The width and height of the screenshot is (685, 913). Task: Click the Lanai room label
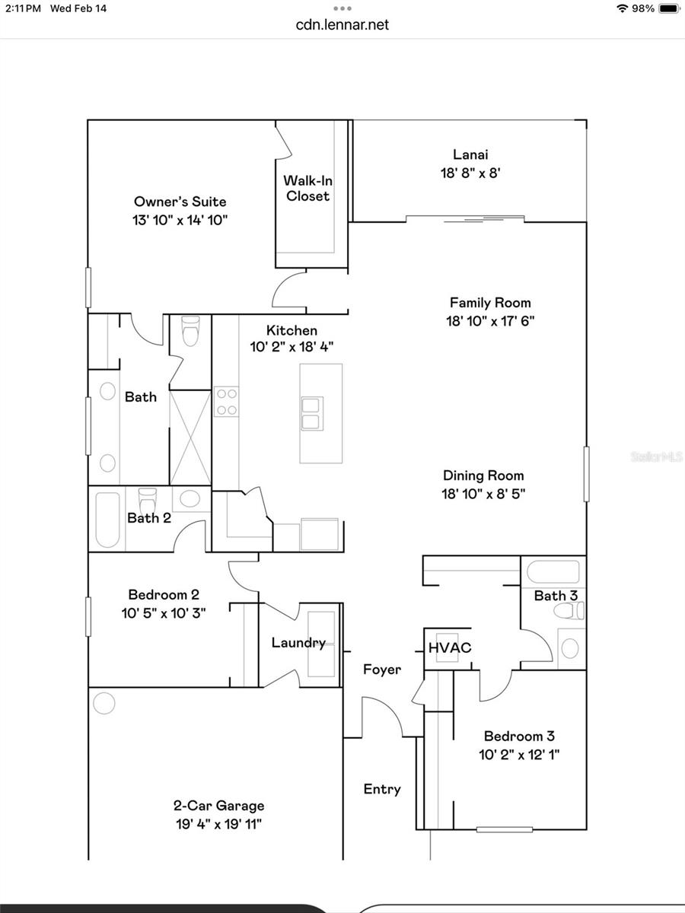[470, 155]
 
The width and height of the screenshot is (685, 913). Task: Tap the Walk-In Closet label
[307, 188]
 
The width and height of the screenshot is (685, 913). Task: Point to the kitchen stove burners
[226, 402]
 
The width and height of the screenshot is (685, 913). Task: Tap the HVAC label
[449, 648]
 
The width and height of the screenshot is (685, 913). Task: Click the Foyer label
[381, 670]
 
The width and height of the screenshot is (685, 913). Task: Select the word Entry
[381, 789]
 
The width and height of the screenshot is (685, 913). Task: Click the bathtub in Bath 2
[107, 520]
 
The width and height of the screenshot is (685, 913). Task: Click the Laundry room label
[298, 643]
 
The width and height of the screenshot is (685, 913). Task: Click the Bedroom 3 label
[519, 736]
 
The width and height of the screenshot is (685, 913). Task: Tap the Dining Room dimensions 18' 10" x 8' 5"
[484, 494]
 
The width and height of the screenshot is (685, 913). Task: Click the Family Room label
[489, 302]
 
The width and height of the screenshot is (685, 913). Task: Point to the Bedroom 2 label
[164, 594]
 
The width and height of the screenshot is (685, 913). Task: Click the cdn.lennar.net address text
[342, 24]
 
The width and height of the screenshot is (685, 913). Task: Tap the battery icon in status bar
[668, 8]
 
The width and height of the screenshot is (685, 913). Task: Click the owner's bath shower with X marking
[190, 437]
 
